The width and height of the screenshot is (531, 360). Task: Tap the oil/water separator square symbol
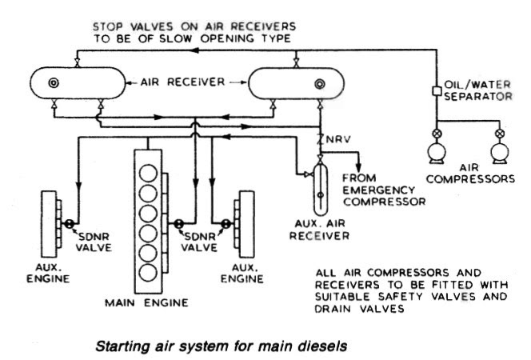[437, 90]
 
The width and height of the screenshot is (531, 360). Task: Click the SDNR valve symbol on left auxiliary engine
[70, 224]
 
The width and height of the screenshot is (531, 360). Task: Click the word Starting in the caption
[126, 346]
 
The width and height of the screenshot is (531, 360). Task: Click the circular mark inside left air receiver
[55, 82]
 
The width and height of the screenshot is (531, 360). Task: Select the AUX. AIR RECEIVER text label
[321, 230]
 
